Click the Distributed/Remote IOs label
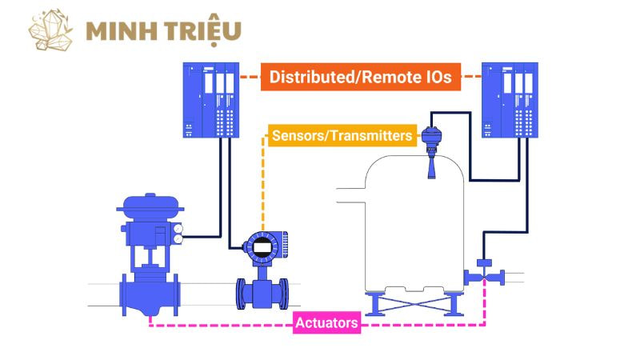(361, 77)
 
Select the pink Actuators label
(326, 324)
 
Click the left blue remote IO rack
(210, 100)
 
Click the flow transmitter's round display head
(262, 247)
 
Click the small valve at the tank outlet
(483, 273)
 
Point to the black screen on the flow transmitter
(262, 247)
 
